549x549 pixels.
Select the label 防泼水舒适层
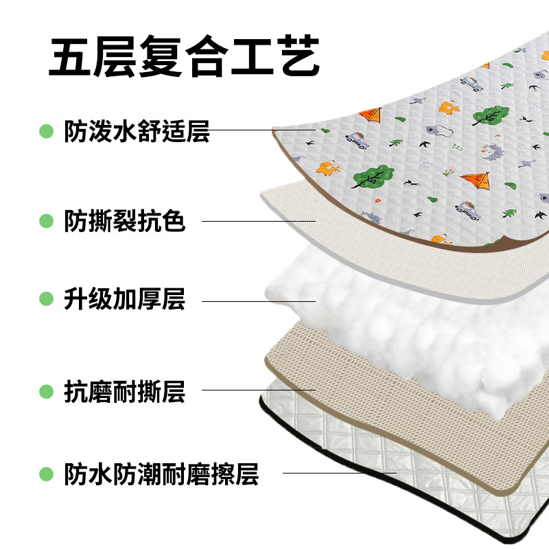[137, 130]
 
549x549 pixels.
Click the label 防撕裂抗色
[125, 221]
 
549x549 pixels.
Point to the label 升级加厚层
[125, 300]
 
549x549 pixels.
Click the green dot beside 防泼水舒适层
[46, 130]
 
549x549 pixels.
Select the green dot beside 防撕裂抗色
[46, 221]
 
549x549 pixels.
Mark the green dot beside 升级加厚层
[46, 300]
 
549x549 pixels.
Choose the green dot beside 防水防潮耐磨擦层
[46, 474]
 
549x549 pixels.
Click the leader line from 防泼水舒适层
[261, 129]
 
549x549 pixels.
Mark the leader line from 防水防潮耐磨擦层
[340, 472]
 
